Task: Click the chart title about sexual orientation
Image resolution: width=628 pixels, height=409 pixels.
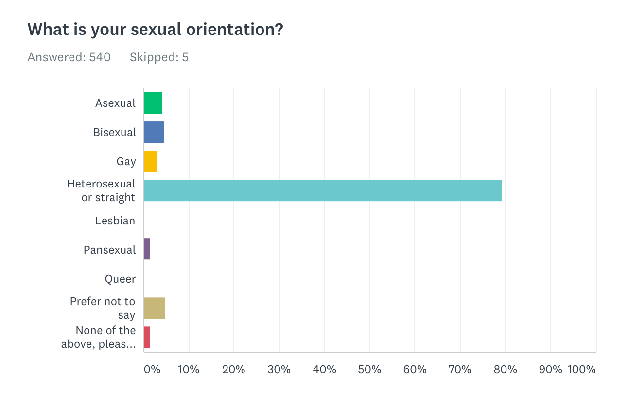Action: [155, 30]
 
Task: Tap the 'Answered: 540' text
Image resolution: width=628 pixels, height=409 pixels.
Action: [69, 57]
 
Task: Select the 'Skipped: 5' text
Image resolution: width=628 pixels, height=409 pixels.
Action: [159, 57]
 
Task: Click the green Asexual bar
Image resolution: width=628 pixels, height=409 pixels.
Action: [153, 103]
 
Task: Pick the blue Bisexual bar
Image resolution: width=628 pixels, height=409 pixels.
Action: [154, 132]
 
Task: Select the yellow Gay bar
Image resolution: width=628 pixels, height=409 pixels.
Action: [151, 161]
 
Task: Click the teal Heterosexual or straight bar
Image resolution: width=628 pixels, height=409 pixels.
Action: [322, 190]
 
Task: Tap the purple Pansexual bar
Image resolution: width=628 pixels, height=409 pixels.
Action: [147, 249]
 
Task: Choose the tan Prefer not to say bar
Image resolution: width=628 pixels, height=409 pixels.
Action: [155, 308]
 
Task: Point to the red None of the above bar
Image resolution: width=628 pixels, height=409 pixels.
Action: [147, 337]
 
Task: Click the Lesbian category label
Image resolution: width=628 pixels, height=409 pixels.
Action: [115, 221]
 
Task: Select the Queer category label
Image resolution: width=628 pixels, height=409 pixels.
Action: [120, 279]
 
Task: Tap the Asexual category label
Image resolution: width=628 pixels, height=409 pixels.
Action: [115, 103]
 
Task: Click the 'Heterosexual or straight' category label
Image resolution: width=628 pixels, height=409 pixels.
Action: [101, 190]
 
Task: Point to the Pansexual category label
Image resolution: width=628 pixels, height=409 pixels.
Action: [109, 250]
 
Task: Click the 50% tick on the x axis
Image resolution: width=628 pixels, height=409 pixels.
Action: [369, 369]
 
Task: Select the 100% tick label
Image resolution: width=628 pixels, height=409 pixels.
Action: [581, 369]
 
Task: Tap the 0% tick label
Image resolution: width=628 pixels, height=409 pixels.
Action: [152, 369]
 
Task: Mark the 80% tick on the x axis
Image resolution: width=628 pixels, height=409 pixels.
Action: [505, 369]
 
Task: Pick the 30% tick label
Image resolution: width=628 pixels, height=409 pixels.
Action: [279, 369]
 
